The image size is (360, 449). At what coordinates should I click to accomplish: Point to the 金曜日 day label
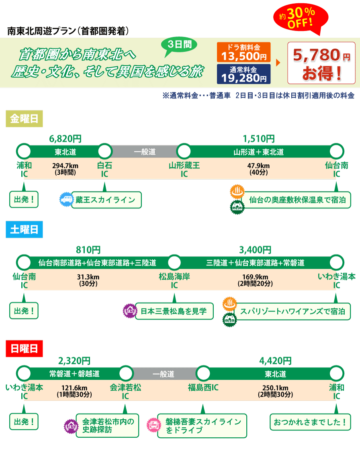(x=24, y=119)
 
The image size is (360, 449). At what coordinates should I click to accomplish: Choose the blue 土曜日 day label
(x=24, y=230)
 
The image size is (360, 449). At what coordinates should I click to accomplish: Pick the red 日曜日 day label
(x=24, y=348)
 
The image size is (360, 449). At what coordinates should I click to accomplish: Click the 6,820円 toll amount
(x=65, y=139)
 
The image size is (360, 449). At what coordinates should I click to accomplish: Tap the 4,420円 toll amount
(x=275, y=360)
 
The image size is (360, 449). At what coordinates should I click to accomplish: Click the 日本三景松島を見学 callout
(x=174, y=311)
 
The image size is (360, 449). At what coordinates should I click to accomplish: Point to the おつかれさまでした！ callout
(x=310, y=422)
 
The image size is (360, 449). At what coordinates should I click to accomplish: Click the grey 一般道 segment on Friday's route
(x=145, y=152)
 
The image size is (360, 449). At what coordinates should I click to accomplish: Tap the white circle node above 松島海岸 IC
(x=174, y=263)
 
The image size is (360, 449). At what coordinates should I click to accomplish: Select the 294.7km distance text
(x=65, y=165)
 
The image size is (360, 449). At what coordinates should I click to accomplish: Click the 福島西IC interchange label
(x=203, y=388)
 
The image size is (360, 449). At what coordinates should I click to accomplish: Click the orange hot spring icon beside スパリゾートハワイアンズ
(x=229, y=303)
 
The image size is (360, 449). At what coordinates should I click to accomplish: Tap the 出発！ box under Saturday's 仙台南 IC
(x=24, y=311)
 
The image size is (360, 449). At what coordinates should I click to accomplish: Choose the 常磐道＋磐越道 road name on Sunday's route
(x=74, y=374)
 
